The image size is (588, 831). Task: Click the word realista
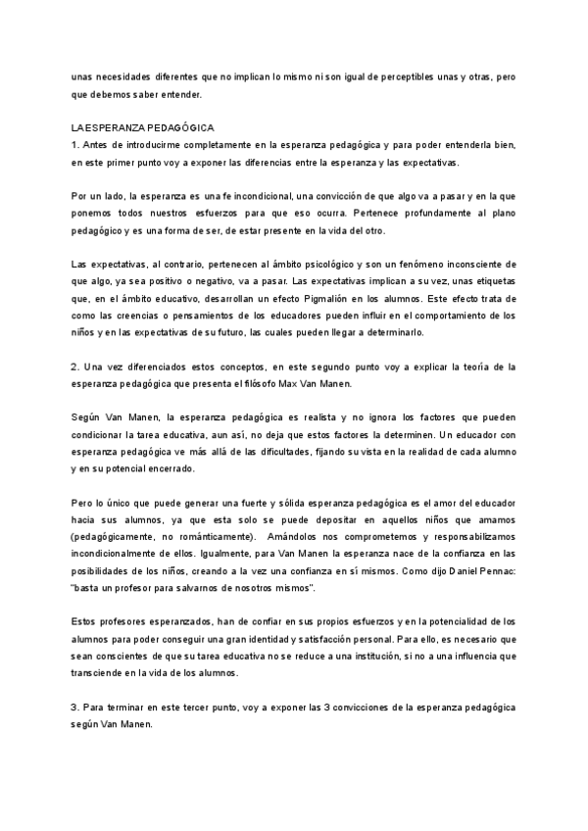[x=280, y=418]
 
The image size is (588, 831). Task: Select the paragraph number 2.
[x=75, y=367]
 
